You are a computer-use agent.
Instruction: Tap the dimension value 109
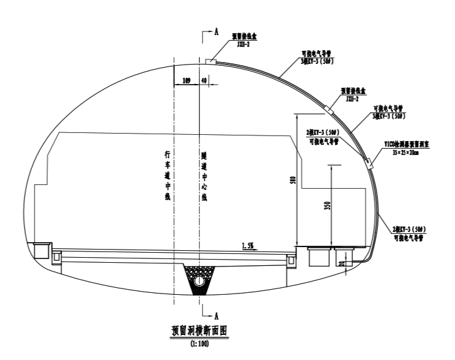[186, 81]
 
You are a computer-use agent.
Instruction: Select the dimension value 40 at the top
[204, 81]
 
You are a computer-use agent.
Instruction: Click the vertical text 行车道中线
[167, 176]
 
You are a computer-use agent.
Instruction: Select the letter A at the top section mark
[215, 33]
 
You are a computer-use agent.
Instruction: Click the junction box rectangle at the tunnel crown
[211, 61]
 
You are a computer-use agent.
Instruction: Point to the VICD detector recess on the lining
[369, 164]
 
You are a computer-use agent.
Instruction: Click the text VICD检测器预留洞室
[408, 144]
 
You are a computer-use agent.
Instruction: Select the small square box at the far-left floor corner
[42, 250]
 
